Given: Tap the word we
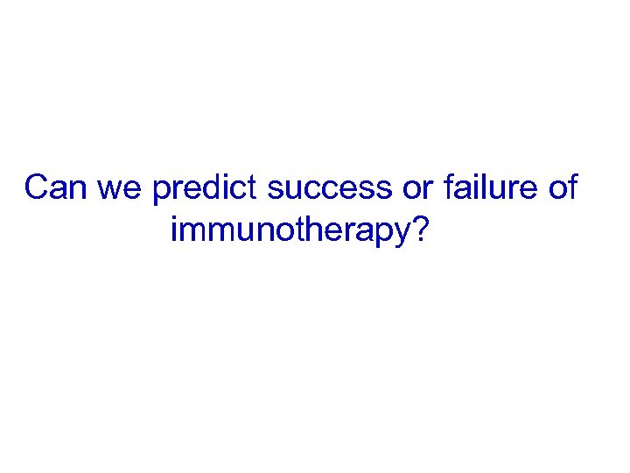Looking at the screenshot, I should pos(117,187).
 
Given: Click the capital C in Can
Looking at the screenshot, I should pos(38,187).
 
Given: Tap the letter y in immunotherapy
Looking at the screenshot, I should pos(400,235).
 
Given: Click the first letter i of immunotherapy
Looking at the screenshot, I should pos(174,229).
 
